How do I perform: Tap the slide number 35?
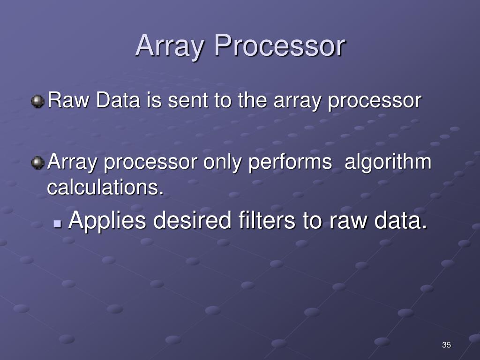[x=446, y=345]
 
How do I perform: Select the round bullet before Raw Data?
[x=37, y=101]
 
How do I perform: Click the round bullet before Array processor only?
[x=37, y=163]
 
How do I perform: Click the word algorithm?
[x=388, y=162]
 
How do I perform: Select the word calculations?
[x=106, y=187]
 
